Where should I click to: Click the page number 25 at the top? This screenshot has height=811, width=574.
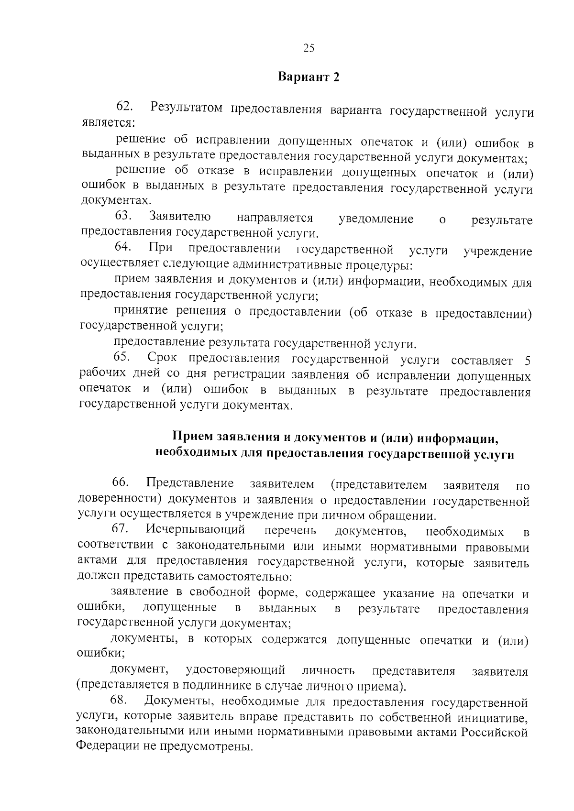309,48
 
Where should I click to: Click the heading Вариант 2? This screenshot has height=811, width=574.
309,77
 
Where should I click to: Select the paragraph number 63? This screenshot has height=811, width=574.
123,216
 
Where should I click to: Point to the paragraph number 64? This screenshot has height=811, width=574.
123,247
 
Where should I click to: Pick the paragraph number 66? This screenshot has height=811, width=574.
121,482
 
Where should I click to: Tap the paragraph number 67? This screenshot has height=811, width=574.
120,528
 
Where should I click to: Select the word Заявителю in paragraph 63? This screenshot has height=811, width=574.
180,217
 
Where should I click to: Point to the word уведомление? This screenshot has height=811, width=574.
376,219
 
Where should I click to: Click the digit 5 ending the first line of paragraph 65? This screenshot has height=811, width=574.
527,360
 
